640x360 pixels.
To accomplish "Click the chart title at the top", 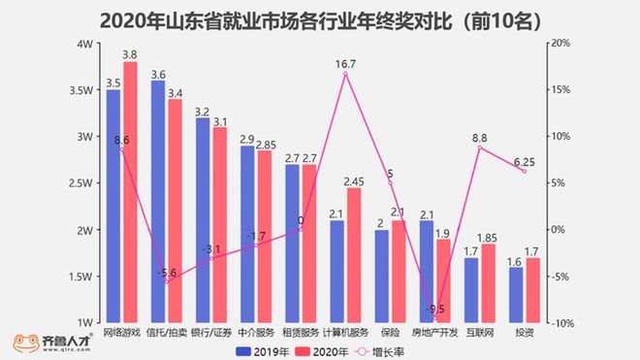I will coord(320,18).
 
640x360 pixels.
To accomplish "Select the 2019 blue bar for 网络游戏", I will coord(113,206).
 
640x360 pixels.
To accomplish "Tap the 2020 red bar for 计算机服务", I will coord(354,255).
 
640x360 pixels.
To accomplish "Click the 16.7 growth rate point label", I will coord(345,64).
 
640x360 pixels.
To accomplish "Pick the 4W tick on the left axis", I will coord(84,45).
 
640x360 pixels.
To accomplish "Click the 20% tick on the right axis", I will coord(560,45).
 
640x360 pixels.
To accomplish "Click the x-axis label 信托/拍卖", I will coord(166,333).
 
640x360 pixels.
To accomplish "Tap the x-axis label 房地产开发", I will coord(434,333).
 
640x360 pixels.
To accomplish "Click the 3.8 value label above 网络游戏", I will coord(129,54).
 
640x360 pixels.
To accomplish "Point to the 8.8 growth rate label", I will coord(479,139).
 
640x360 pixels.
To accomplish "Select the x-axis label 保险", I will coord(389,333).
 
